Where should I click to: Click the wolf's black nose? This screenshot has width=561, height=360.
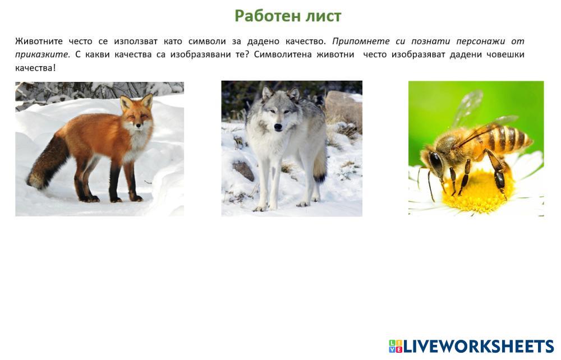coord(278,127)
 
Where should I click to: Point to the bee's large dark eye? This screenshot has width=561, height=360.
coord(436,163)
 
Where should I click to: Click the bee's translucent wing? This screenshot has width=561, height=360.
coord(468,108)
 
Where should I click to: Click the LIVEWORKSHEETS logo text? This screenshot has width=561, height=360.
coord(479,347)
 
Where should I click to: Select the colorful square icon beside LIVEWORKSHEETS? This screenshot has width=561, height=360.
coord(396,347)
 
